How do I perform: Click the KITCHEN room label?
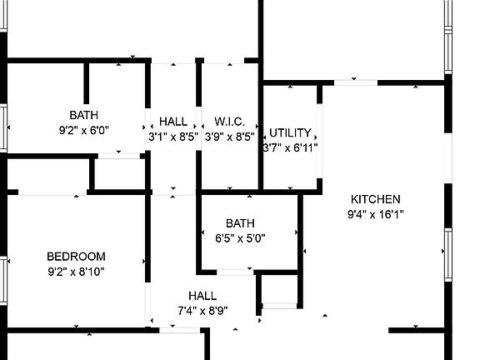(375, 199)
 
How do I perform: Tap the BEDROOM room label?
(76, 257)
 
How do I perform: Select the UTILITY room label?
(290, 132)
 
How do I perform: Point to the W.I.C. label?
(230, 122)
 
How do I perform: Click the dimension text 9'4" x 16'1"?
(376, 214)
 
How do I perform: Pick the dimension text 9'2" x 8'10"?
(76, 272)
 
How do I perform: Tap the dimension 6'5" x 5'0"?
(240, 237)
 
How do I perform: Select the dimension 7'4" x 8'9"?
(203, 311)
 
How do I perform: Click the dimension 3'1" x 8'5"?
(173, 137)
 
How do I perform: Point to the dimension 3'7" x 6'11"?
(291, 147)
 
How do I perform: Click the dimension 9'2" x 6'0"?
(84, 130)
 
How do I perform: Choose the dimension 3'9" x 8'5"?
(230, 137)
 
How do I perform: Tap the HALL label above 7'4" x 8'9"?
(202, 296)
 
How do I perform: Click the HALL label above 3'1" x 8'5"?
(173, 122)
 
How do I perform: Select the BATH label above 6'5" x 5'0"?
(240, 223)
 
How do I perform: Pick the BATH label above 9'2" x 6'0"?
(84, 115)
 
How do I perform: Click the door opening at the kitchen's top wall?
(355, 82)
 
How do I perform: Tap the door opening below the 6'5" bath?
(235, 272)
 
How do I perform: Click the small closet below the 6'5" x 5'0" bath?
(279, 288)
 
